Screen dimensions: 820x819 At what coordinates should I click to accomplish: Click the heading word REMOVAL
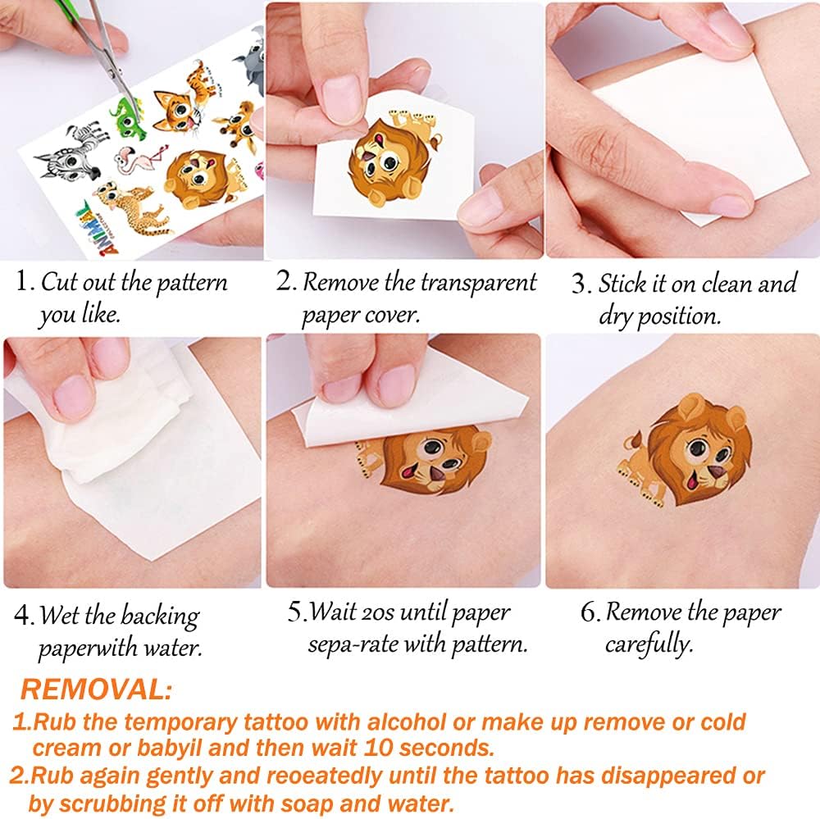point(96,689)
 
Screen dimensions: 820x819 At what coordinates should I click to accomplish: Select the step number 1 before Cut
point(22,280)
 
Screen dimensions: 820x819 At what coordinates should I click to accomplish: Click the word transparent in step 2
point(479,282)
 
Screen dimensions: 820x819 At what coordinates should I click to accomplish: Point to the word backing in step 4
point(160,617)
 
